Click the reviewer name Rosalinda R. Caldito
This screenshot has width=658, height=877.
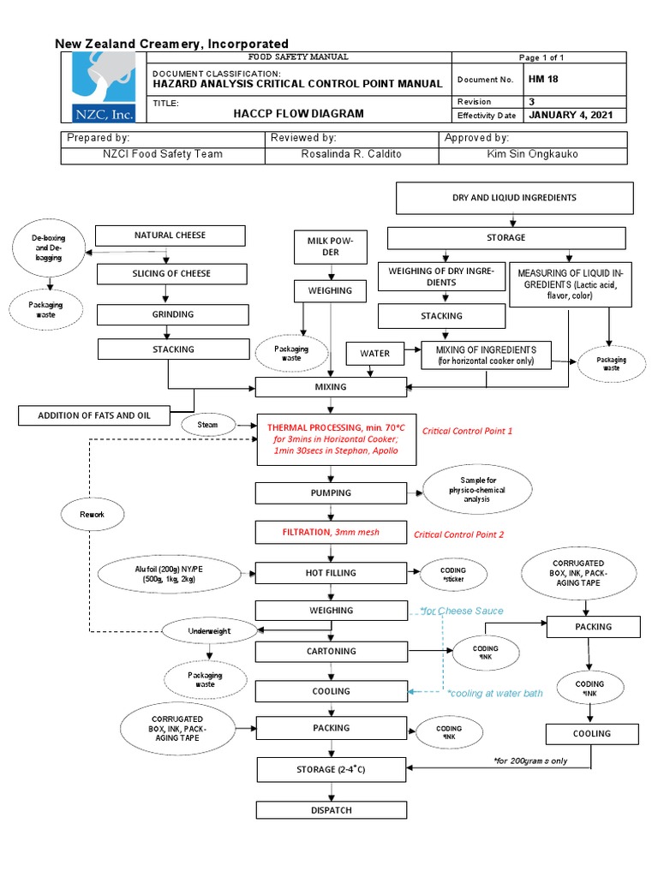(x=352, y=154)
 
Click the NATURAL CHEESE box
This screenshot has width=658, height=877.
(x=170, y=236)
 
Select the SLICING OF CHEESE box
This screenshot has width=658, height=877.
(x=171, y=274)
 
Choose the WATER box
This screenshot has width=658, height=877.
(x=374, y=353)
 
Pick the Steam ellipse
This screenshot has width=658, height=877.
(x=207, y=424)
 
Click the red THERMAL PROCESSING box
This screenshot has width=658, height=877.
(x=331, y=439)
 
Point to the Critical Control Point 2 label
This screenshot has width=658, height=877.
(x=459, y=534)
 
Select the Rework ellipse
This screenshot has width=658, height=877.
(x=92, y=514)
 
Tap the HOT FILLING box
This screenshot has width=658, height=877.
(x=331, y=573)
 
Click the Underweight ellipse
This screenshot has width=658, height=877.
(x=210, y=631)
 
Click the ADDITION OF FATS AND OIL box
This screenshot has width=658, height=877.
(x=93, y=416)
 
